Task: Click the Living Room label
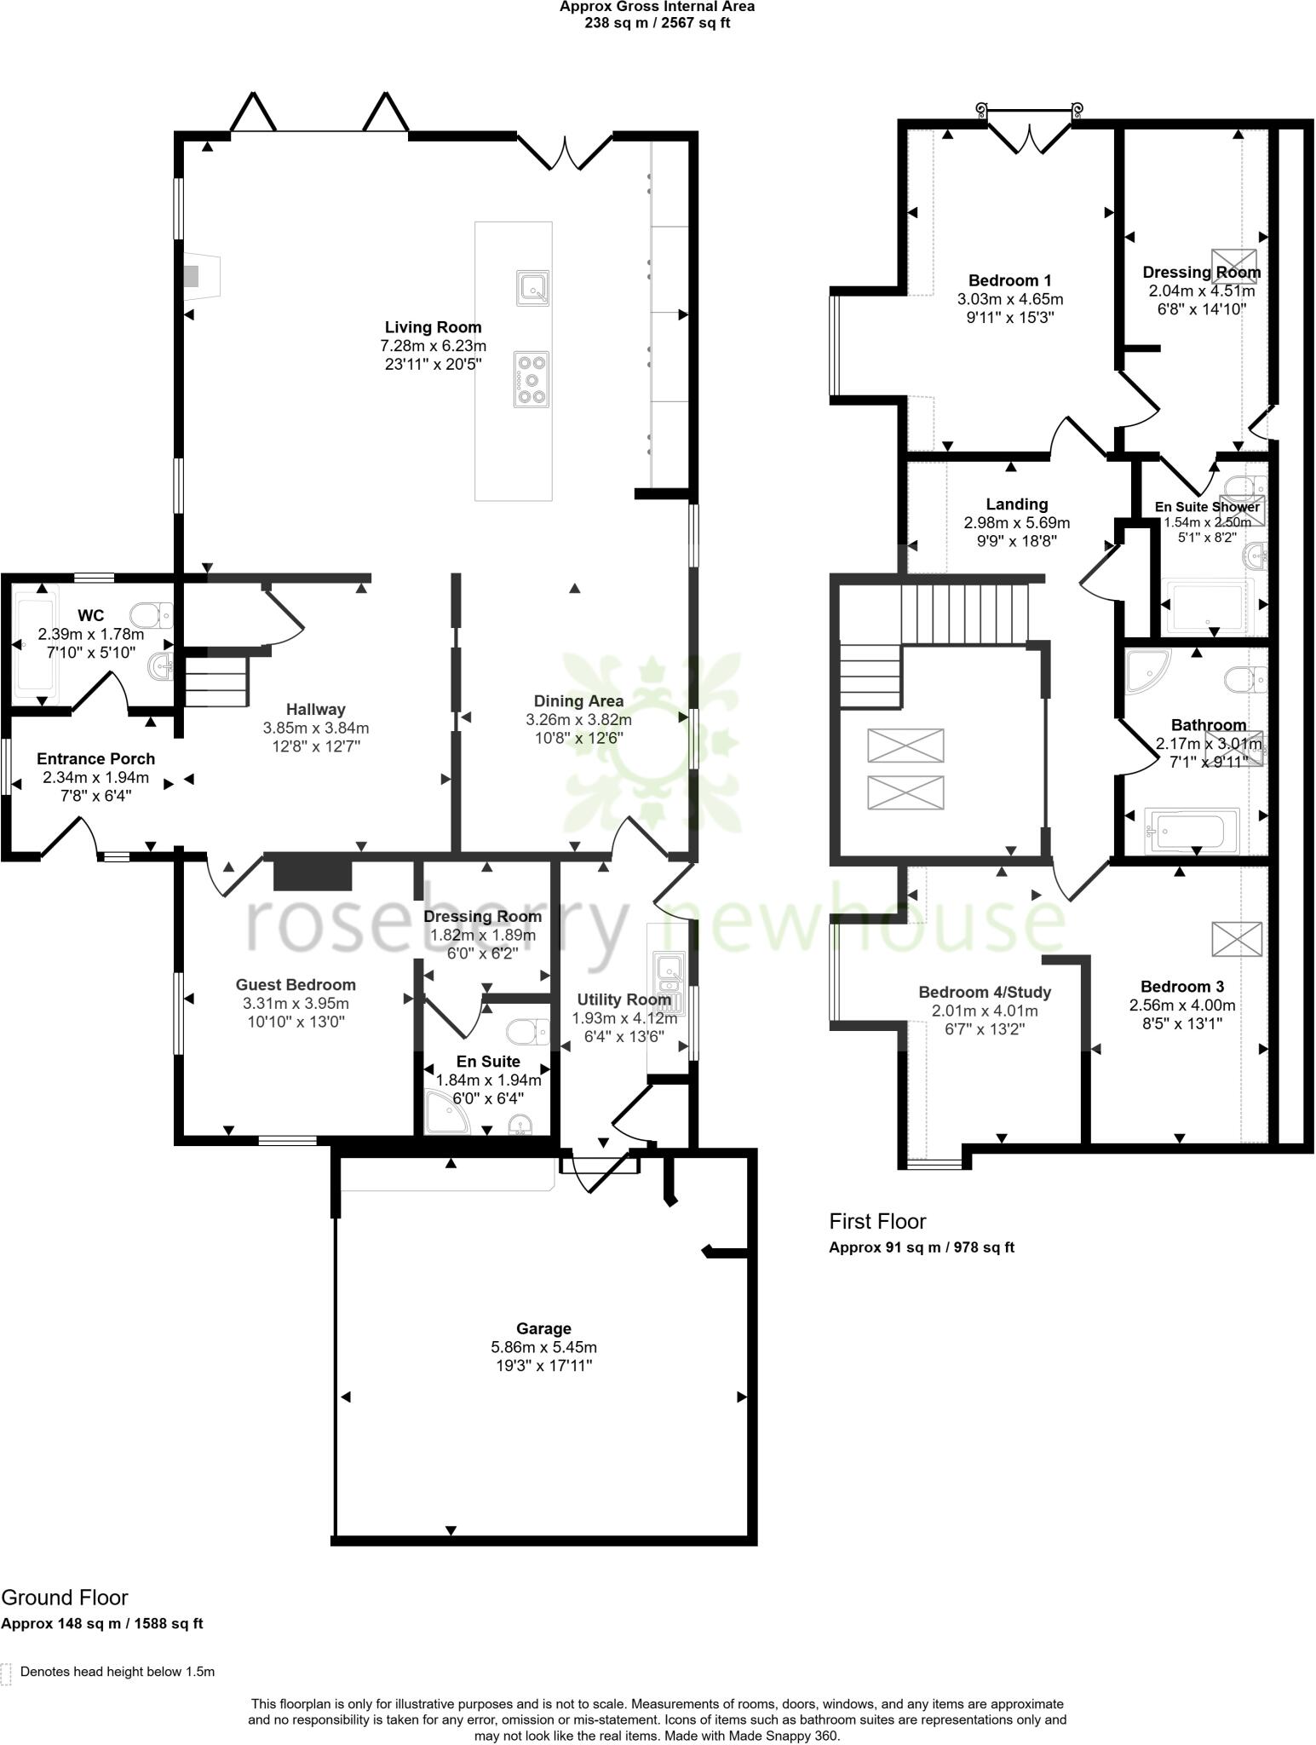(x=433, y=327)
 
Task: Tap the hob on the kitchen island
(x=532, y=380)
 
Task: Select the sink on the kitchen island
(x=532, y=288)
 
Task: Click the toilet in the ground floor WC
(x=152, y=614)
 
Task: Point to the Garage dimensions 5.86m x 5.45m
(x=543, y=1347)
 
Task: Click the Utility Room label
(x=624, y=999)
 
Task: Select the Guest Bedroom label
(x=296, y=985)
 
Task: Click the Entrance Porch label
(x=95, y=758)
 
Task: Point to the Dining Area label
(x=578, y=700)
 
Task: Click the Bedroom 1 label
(x=1009, y=280)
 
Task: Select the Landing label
(x=1016, y=504)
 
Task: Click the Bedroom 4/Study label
(x=985, y=992)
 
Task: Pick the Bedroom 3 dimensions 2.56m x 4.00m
(x=1182, y=1005)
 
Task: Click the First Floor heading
(x=877, y=1221)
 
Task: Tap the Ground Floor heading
(x=65, y=1598)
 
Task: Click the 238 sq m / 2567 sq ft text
(x=657, y=23)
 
